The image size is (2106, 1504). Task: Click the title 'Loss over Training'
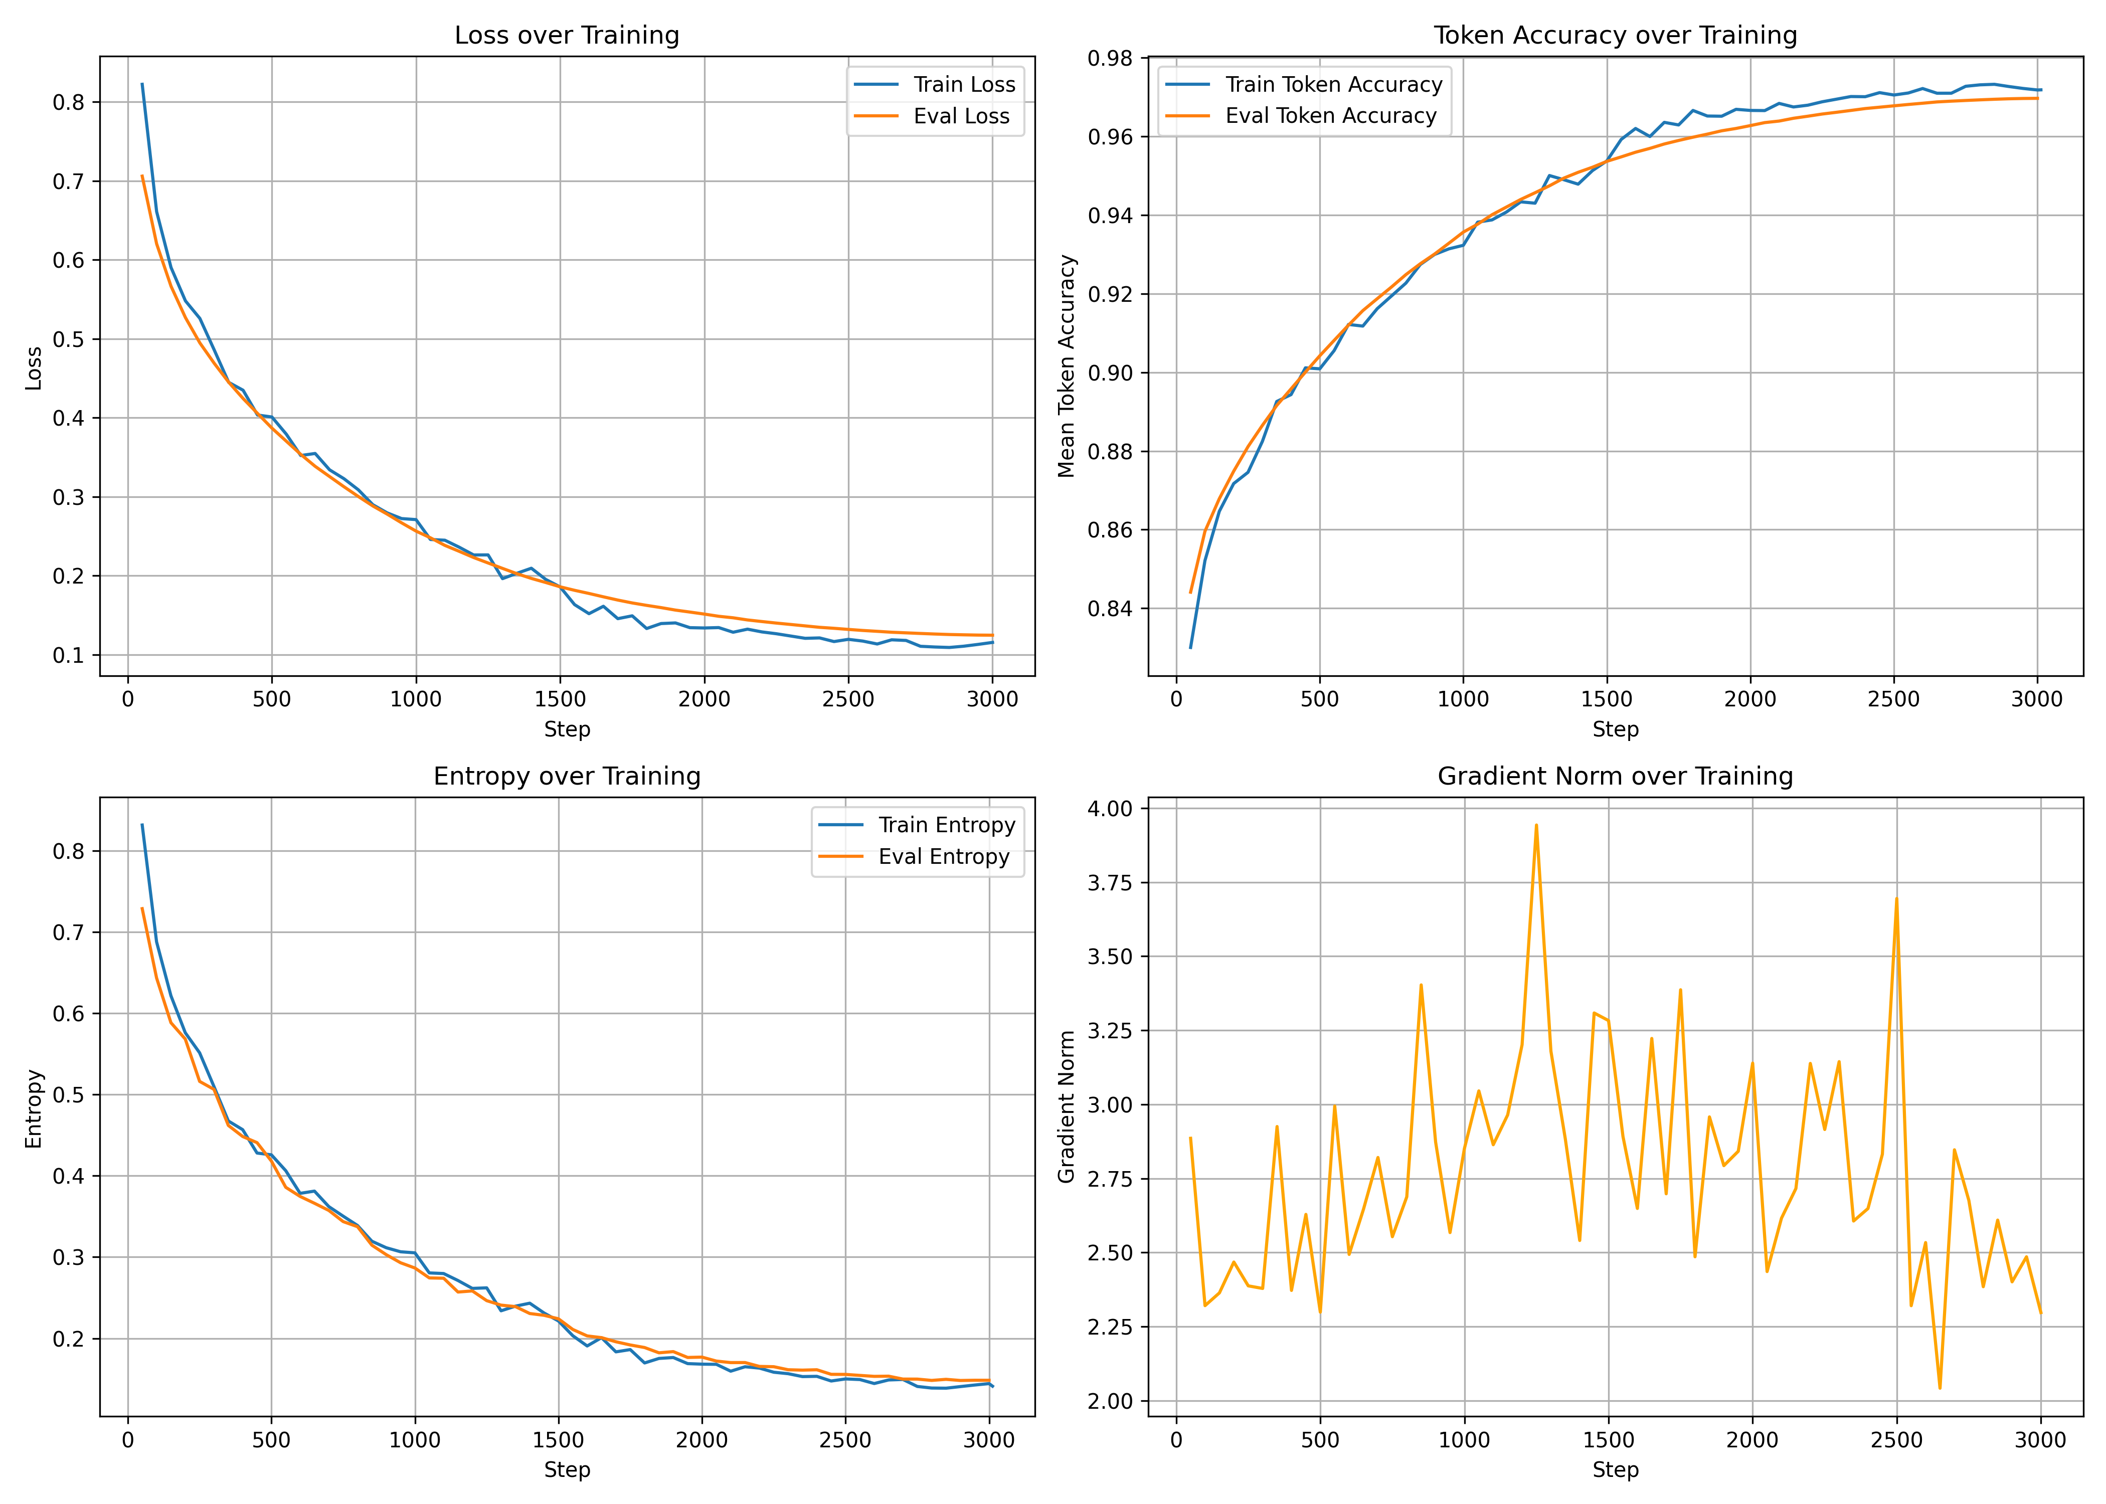[567, 35]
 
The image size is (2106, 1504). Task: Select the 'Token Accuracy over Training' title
[1615, 35]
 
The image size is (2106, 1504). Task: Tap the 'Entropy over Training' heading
[567, 776]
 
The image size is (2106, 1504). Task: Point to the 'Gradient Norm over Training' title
[1615, 776]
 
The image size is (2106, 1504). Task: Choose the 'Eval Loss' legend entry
[961, 116]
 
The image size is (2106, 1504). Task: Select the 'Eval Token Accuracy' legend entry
[1331, 116]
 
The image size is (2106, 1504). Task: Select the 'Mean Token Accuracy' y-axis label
[1067, 367]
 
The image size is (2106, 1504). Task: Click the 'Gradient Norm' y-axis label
[1067, 1107]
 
